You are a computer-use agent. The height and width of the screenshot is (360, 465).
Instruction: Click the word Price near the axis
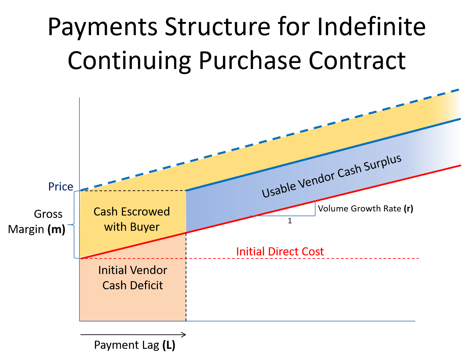[61, 187]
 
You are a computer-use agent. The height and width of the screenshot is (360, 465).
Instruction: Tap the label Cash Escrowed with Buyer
[132, 219]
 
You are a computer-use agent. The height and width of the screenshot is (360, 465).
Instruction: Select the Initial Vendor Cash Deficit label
[133, 277]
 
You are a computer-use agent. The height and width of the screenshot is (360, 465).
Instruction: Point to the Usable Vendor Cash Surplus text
[331, 176]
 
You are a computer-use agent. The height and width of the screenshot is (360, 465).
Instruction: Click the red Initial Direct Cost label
[280, 252]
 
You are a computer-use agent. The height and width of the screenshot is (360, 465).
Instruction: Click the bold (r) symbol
[409, 208]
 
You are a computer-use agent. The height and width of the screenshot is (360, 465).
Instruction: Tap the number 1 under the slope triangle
[290, 221]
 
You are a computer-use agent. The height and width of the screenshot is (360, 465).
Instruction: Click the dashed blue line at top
[271, 140]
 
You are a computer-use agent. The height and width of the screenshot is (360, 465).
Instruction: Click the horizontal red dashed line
[304, 258]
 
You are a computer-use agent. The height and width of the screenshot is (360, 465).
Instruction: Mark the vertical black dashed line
[186, 288]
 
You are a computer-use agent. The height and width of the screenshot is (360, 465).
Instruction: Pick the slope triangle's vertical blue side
[315, 208]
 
